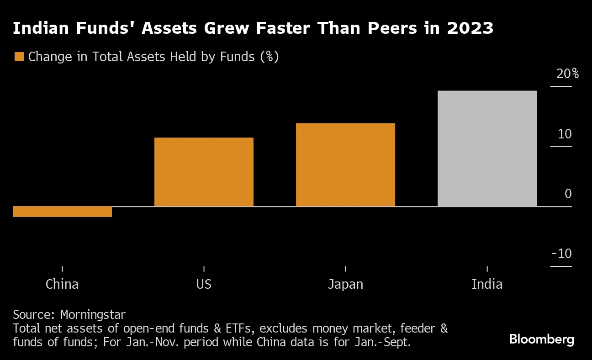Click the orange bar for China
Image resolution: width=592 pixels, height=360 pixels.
[x=62, y=212]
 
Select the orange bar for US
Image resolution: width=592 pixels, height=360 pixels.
[x=204, y=172]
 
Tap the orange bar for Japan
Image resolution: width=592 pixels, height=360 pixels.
[x=345, y=164]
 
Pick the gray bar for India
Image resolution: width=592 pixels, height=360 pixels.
[x=487, y=148]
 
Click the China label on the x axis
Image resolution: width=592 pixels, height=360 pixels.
[x=62, y=284]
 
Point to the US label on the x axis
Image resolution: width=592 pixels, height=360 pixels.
[x=204, y=284]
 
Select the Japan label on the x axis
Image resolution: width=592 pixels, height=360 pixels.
[x=345, y=284]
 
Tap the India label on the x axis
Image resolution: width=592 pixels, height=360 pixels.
[x=487, y=284]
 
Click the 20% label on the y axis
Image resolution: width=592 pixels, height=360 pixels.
[x=567, y=74]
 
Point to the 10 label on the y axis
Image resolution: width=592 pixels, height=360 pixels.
[x=564, y=134]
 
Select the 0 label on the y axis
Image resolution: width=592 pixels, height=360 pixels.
[x=568, y=194]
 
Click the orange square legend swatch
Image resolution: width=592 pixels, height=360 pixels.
[x=19, y=57]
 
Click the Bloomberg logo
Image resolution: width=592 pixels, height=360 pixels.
[x=541, y=339]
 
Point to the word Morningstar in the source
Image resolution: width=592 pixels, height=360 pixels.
[x=93, y=315]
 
